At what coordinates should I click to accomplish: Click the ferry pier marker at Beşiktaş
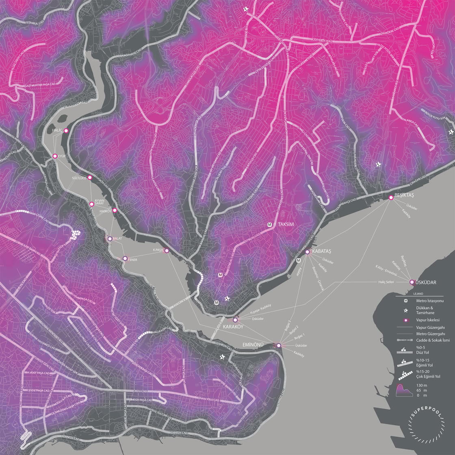click(x=391, y=197)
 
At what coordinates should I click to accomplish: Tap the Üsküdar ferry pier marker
click(x=412, y=282)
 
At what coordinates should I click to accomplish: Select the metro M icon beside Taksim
click(x=270, y=224)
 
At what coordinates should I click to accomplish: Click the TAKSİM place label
click(x=286, y=224)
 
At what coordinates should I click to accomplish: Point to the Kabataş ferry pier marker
click(x=308, y=252)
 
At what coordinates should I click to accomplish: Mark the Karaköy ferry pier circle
click(x=235, y=320)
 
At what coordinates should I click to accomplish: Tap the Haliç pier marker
click(x=66, y=130)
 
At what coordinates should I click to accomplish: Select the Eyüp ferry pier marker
click(x=54, y=156)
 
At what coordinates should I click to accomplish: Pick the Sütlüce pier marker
click(x=90, y=178)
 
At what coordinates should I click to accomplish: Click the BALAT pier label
click(x=117, y=239)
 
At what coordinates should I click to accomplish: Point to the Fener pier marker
click(x=125, y=258)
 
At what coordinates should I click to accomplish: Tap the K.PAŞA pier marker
click(x=167, y=251)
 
